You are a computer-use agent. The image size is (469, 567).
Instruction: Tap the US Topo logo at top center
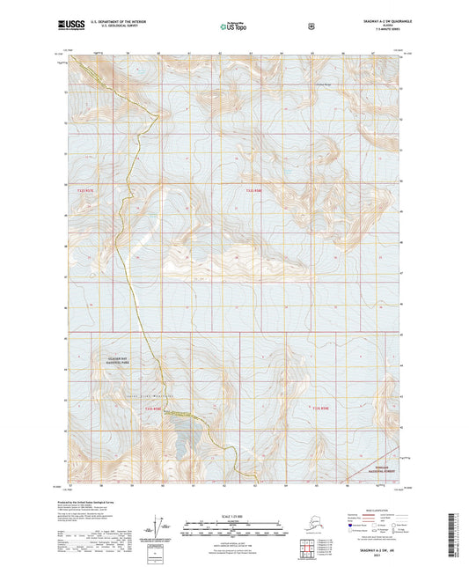pyautogui.click(x=233, y=27)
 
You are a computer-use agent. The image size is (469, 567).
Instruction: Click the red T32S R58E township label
pyautogui.click(x=254, y=191)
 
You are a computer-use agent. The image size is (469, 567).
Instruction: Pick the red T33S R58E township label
pyautogui.click(x=319, y=408)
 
